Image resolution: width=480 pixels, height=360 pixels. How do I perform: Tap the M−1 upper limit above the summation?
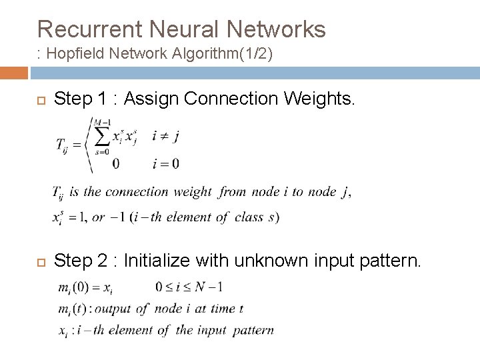[x=101, y=120]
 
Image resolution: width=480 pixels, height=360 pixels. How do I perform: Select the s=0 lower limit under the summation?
[x=101, y=152]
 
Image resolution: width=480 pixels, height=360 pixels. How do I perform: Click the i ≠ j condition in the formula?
[x=166, y=136]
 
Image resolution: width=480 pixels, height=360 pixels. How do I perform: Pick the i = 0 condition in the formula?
[x=166, y=163]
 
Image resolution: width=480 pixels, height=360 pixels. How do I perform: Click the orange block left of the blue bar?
[x=13, y=73]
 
